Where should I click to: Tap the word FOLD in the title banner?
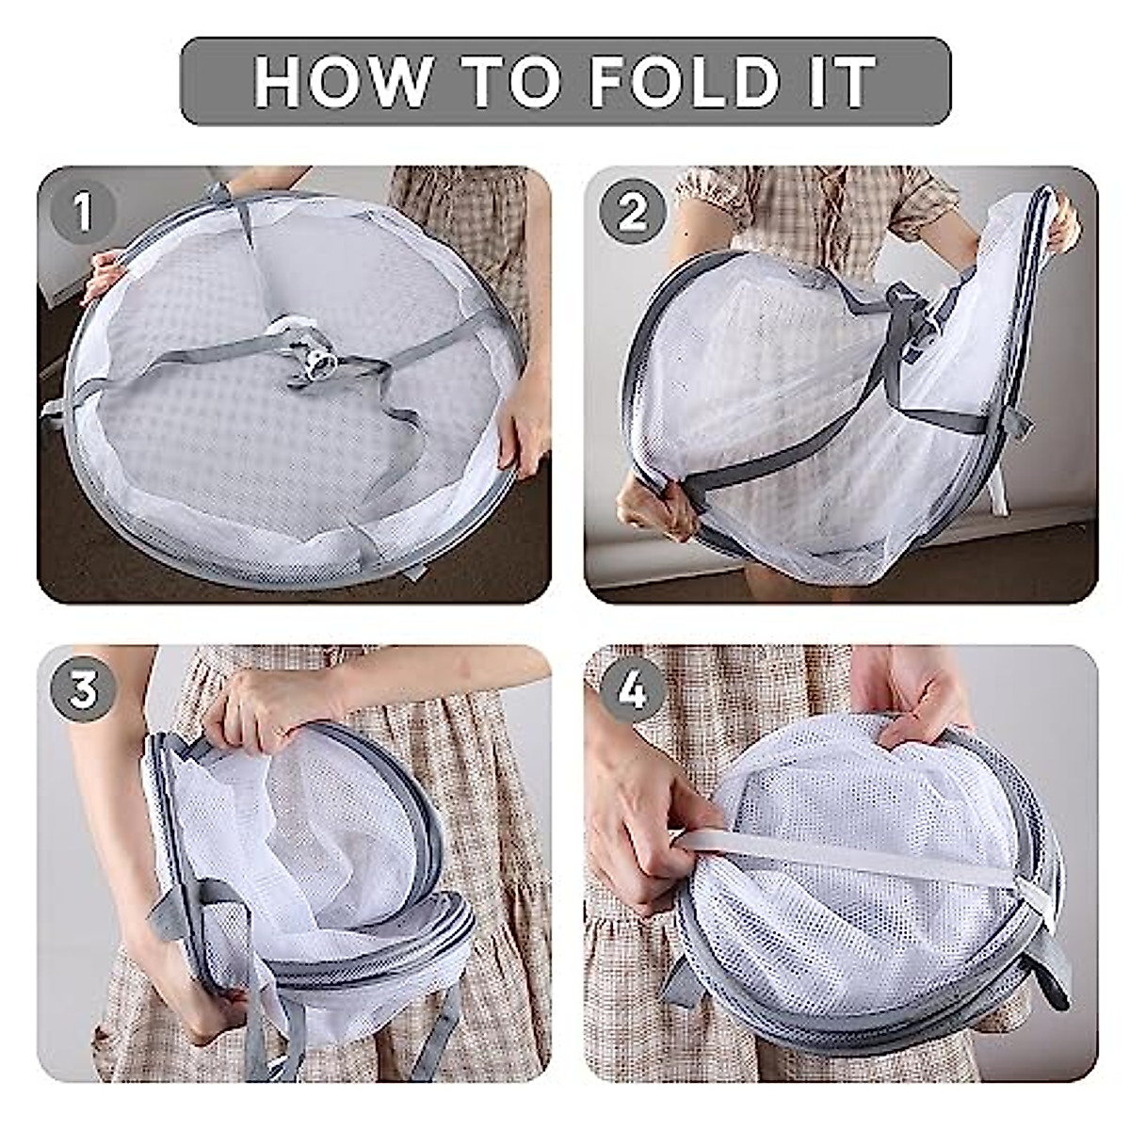(x=684, y=81)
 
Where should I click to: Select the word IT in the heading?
(x=847, y=81)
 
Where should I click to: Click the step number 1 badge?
(x=83, y=212)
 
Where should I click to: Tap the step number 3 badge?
(x=83, y=689)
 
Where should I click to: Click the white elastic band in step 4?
(x=847, y=857)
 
